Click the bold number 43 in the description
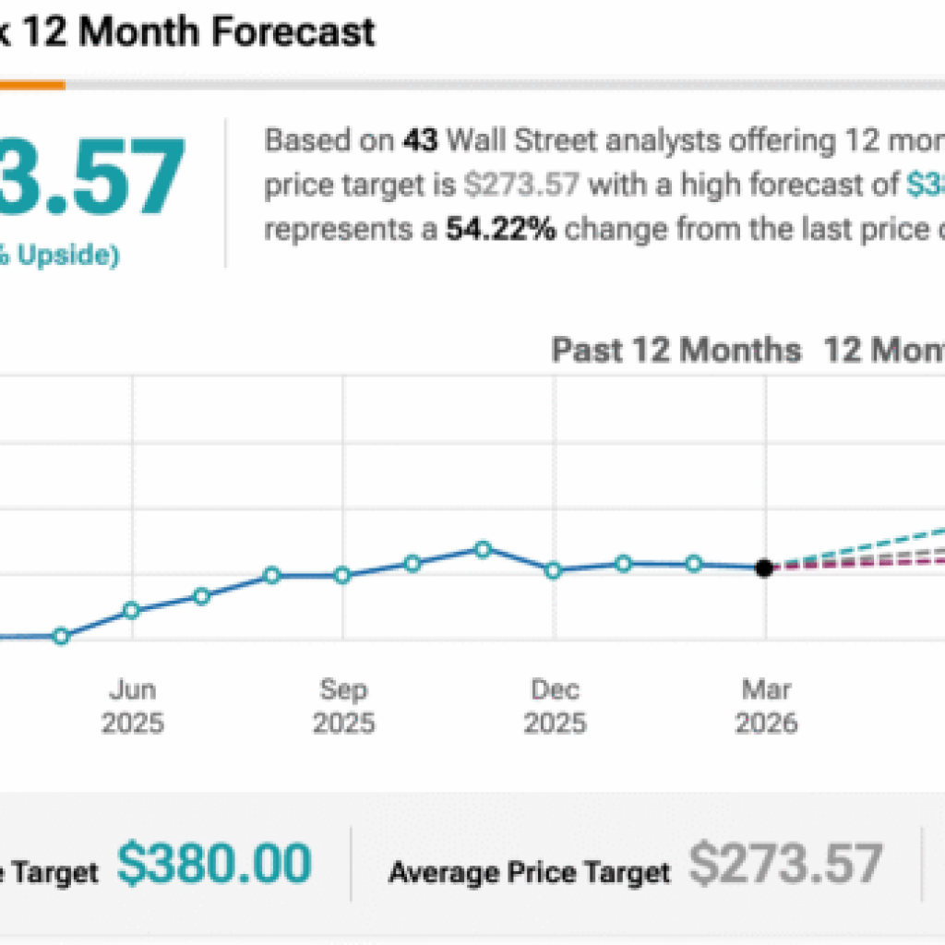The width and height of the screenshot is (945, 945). pos(419,141)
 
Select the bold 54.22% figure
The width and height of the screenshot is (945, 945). pos(501,230)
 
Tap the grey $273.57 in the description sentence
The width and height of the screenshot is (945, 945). pos(521,185)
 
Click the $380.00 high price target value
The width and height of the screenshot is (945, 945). pos(214,865)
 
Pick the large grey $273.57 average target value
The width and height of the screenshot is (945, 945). pos(785,865)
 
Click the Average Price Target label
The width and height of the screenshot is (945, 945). pos(530,871)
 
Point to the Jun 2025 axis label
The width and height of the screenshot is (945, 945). pos(133,706)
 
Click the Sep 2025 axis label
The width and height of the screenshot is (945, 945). pos(343,706)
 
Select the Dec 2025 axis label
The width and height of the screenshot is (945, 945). pos(555,706)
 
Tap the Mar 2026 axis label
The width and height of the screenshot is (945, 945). pos(766,706)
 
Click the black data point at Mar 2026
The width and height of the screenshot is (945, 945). pos(764,568)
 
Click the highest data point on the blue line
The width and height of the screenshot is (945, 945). pos(483,549)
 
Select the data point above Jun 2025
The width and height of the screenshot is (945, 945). pos(131,610)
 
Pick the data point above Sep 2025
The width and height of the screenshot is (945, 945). pos(342,575)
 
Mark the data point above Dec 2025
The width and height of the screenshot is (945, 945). pos(553,570)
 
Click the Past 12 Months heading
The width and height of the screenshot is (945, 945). pos(676,351)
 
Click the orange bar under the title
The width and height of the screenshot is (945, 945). pos(32,85)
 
